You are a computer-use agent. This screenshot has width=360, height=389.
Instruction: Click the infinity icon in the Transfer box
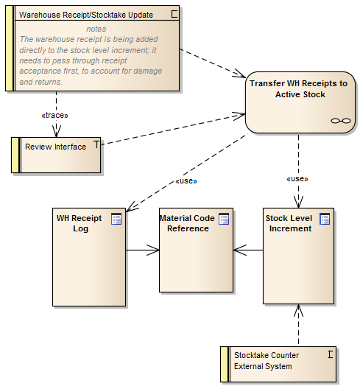click(x=339, y=121)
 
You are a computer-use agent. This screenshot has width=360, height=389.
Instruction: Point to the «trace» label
click(x=55, y=116)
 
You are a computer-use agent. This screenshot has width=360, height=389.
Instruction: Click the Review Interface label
click(x=55, y=147)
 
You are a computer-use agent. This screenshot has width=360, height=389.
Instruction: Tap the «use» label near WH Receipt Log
click(x=186, y=181)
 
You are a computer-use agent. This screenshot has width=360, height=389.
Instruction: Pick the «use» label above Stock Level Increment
click(x=296, y=178)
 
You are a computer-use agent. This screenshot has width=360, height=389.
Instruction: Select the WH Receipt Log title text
click(x=79, y=223)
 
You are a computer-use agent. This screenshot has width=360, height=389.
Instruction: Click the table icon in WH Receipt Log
click(x=116, y=218)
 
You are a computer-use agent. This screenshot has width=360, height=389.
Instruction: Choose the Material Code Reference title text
click(x=187, y=223)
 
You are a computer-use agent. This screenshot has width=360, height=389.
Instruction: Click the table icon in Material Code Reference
click(x=224, y=218)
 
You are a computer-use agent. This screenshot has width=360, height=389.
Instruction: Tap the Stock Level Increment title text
click(x=289, y=223)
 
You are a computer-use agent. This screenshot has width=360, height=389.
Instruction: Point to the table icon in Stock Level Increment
click(x=325, y=218)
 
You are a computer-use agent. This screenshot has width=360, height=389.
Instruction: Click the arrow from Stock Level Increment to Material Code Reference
click(x=249, y=250)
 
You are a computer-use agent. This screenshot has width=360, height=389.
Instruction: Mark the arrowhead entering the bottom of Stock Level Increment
click(x=298, y=310)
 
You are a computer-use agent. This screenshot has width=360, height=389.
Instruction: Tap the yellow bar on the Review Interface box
click(x=15, y=155)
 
